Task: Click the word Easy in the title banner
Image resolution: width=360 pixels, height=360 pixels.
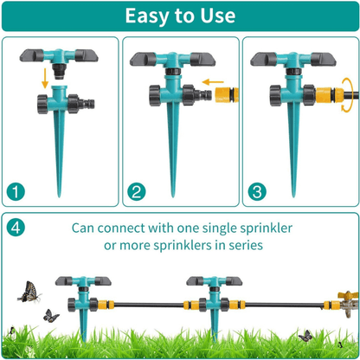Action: click(x=147, y=16)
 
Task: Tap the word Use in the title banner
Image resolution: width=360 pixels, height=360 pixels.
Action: click(x=218, y=16)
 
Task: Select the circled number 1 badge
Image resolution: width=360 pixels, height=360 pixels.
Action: click(x=16, y=192)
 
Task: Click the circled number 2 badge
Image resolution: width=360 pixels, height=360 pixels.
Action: click(x=137, y=192)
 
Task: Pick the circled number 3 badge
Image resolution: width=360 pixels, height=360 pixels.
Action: click(x=257, y=192)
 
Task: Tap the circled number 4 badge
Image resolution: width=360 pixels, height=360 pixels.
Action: click(x=16, y=228)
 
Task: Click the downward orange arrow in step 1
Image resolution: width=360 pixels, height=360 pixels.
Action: click(x=45, y=78)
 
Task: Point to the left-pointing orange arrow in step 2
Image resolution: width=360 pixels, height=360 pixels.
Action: click(x=213, y=82)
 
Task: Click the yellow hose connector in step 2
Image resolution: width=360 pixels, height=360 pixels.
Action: click(x=227, y=95)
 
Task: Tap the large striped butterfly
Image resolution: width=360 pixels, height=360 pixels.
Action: click(x=29, y=292)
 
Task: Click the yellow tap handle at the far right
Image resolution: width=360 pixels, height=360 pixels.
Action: click(x=348, y=295)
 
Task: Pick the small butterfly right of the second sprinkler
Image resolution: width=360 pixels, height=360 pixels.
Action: click(x=305, y=336)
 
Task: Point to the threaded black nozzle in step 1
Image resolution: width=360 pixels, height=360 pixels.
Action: click(x=61, y=71)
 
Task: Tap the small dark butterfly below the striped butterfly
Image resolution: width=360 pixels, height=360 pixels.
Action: click(x=51, y=316)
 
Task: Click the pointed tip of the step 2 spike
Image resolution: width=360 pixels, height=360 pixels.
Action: click(x=173, y=197)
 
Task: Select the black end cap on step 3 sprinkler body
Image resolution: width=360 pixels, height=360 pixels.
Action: click(x=276, y=95)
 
